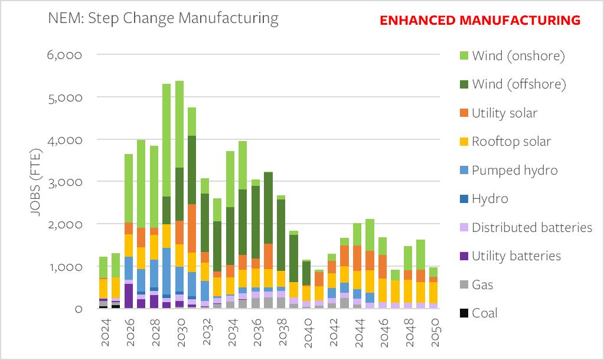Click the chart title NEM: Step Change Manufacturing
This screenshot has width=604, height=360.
coord(164,18)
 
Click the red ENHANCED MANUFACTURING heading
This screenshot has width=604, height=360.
coord(479,20)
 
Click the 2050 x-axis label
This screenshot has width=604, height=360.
coord(436,333)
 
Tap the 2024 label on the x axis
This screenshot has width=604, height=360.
coord(103,333)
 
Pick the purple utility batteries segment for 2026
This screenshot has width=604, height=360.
coord(128,296)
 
